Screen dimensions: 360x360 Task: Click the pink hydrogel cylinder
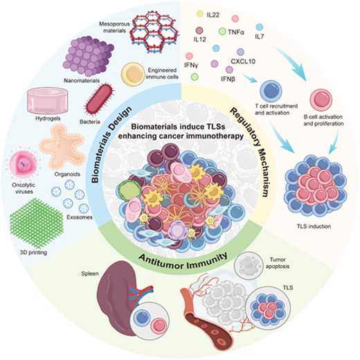[x=48, y=100]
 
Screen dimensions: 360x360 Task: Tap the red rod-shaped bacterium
[x=99, y=98]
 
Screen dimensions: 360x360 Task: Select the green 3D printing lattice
[x=37, y=224]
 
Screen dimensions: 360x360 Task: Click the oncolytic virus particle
[x=24, y=163]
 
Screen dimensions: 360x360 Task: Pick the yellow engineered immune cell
[x=133, y=74]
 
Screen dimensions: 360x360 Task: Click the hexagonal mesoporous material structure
[x=154, y=30]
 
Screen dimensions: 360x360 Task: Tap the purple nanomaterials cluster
[x=89, y=57]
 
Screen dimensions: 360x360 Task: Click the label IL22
[x=213, y=15]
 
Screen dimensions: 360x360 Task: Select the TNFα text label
[x=236, y=32]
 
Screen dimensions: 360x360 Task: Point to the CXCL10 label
[x=243, y=62]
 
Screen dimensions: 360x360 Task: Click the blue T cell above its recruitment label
[x=271, y=91]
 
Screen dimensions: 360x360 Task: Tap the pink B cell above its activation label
[x=321, y=100]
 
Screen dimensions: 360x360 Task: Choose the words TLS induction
[x=314, y=226]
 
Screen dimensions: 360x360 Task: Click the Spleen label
[x=90, y=273]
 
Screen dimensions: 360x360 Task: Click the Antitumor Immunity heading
[x=183, y=262]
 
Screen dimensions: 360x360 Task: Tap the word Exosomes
[x=80, y=217]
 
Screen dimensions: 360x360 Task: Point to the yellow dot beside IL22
[x=200, y=14]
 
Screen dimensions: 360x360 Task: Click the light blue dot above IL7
[x=260, y=27]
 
